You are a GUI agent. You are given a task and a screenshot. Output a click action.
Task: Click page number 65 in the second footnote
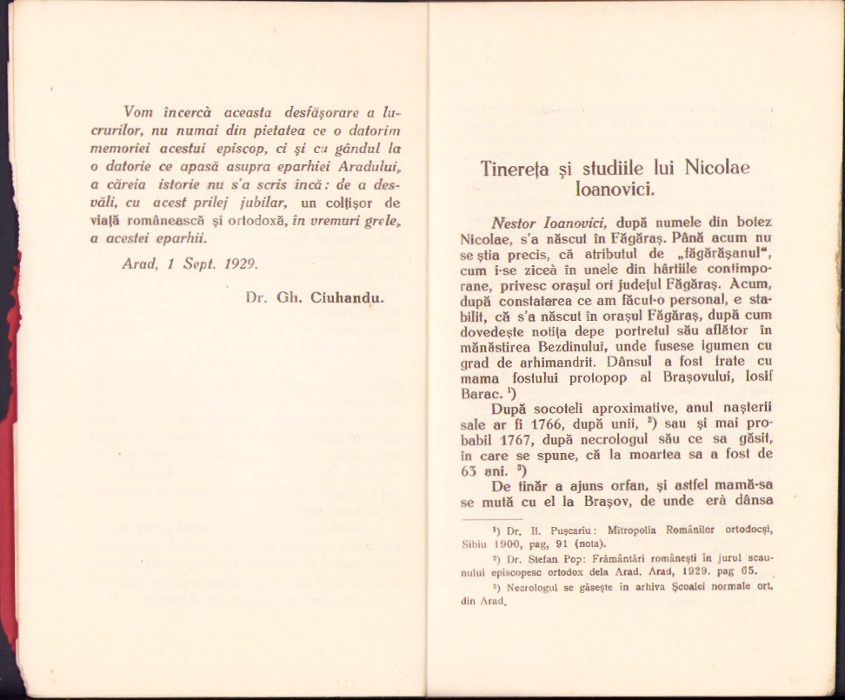747,571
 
